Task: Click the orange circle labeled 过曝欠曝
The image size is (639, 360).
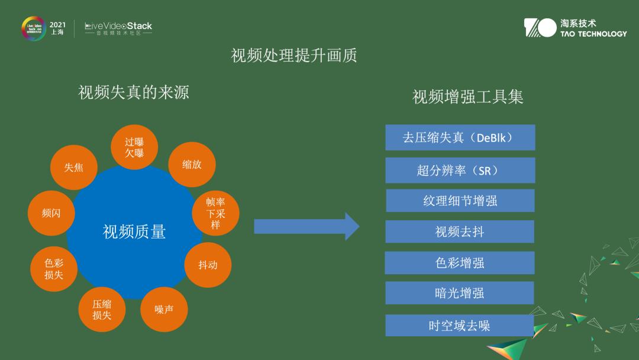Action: click(134, 147)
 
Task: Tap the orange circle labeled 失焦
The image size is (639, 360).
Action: click(74, 168)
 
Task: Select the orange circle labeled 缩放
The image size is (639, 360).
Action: click(192, 165)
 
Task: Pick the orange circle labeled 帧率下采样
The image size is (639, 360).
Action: click(215, 214)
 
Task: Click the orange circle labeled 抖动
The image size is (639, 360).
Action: click(208, 265)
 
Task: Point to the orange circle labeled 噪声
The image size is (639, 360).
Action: click(164, 309)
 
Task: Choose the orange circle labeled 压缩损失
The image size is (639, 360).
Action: click(102, 309)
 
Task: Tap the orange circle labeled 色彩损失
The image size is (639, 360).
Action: click(53, 269)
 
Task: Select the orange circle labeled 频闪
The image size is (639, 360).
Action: click(51, 213)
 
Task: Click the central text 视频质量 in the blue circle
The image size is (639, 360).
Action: click(134, 232)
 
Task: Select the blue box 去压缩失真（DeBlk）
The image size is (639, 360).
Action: click(460, 137)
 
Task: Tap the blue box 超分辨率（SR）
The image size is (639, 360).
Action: click(460, 171)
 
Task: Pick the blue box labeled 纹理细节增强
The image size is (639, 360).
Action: click(460, 201)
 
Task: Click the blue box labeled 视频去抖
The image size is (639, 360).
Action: click(460, 232)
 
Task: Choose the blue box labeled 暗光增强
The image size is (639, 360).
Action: click(460, 293)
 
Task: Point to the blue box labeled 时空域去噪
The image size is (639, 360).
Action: click(460, 326)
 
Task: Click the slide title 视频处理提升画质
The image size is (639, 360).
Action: click(294, 56)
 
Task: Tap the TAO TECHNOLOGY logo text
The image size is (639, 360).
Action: click(593, 34)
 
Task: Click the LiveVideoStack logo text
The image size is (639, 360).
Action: click(118, 26)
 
